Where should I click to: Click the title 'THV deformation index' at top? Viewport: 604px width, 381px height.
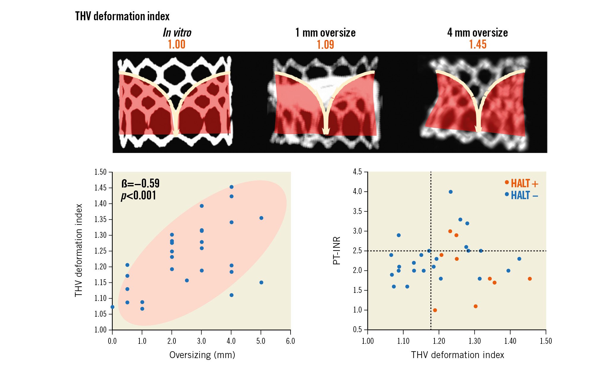(122, 16)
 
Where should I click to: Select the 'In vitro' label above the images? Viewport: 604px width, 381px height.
(177, 33)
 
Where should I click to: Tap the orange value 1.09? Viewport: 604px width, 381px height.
(325, 45)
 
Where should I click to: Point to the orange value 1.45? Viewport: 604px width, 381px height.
(478, 44)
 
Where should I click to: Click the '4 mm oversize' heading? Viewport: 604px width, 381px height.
(477, 33)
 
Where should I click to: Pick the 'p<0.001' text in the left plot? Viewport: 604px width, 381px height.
(139, 196)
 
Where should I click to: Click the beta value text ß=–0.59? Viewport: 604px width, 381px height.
(140, 183)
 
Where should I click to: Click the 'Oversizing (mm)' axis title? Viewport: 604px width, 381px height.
(202, 355)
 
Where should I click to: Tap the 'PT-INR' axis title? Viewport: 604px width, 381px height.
(336, 251)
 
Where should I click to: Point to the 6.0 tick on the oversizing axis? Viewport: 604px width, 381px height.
(290, 341)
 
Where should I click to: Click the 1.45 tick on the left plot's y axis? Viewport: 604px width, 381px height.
(100, 188)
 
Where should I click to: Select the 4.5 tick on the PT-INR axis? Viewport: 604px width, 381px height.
(357, 172)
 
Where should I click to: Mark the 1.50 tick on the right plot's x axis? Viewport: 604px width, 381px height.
(546, 341)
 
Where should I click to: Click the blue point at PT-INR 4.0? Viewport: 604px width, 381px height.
(451, 192)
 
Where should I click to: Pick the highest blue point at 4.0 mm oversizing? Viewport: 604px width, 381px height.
(231, 187)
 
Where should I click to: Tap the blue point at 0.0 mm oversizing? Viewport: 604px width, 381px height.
(112, 307)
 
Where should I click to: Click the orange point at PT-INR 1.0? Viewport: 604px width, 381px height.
(435, 310)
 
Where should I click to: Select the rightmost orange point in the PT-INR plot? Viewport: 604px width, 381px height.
(530, 279)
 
